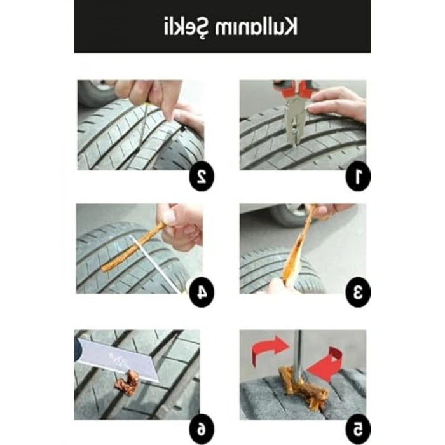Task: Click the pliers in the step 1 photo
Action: [294, 114]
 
